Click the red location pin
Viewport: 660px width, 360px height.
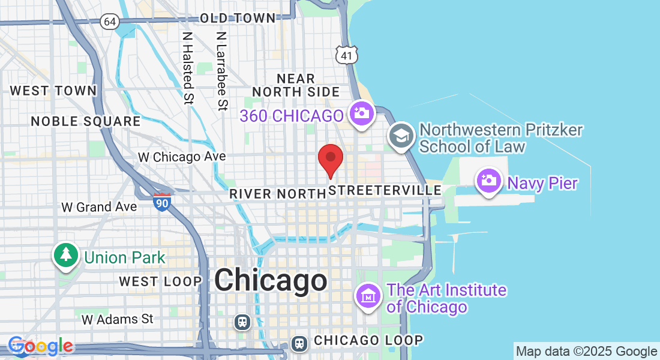tap(330, 158)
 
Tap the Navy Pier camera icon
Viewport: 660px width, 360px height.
tap(489, 180)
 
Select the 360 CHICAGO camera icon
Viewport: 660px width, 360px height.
tap(362, 113)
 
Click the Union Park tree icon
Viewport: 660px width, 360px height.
tap(67, 254)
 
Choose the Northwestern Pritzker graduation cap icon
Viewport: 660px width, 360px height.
tap(401, 134)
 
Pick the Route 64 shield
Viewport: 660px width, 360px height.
tap(109, 22)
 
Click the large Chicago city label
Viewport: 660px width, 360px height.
tap(271, 280)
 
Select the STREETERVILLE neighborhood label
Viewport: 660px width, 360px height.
tap(386, 190)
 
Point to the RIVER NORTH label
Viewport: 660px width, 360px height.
tap(277, 194)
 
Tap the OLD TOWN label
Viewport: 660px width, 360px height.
tap(238, 19)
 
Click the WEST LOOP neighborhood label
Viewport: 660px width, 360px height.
tap(160, 281)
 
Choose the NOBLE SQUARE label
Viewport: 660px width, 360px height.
tap(86, 121)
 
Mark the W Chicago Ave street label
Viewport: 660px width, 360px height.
tap(182, 157)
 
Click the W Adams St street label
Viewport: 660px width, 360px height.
tap(118, 319)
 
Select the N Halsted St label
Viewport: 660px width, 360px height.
tap(188, 67)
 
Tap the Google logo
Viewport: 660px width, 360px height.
tap(41, 346)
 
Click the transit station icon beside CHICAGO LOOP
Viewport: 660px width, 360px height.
tap(299, 343)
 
